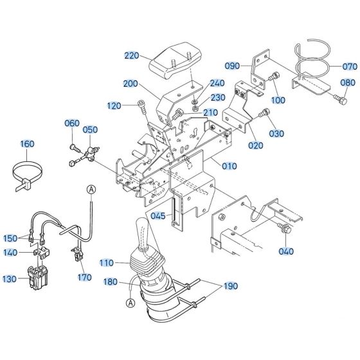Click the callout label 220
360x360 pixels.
tap(132, 56)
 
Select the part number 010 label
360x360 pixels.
tap(230, 166)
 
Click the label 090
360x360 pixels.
tap(233, 66)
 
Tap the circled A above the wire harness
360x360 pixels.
tap(91, 188)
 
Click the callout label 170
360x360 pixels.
tap(85, 278)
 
